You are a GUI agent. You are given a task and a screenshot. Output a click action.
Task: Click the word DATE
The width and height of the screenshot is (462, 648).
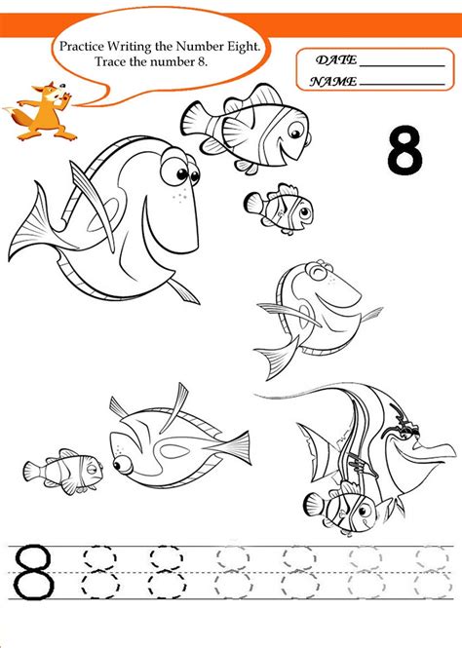pyautogui.click(x=336, y=60)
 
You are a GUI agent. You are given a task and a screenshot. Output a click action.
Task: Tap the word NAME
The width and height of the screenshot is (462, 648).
pyautogui.click(x=333, y=82)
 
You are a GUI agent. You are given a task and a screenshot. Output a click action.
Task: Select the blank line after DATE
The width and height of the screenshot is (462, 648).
pyautogui.click(x=403, y=66)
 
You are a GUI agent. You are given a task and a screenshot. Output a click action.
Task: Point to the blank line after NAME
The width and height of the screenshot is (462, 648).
pyautogui.click(x=403, y=85)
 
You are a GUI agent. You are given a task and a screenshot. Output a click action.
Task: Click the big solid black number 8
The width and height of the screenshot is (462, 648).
pyautogui.click(x=404, y=149)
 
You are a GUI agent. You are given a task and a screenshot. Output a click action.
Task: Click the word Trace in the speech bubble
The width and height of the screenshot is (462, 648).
pyautogui.click(x=108, y=61)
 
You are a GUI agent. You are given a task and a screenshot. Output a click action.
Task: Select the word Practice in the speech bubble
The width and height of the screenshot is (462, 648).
pyautogui.click(x=82, y=46)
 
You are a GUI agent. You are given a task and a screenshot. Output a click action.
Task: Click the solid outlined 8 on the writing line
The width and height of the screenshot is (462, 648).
pyautogui.click(x=32, y=572)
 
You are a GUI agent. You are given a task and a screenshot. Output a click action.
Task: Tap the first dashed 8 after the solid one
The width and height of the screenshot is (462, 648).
pyautogui.click(x=100, y=572)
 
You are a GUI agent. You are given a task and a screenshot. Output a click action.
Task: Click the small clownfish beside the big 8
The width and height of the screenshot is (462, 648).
pyautogui.click(x=279, y=209)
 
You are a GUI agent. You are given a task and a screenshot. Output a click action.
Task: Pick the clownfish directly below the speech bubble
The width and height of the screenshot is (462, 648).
pyautogui.click(x=247, y=128)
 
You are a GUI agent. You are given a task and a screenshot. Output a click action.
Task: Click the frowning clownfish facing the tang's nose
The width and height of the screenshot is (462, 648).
pyautogui.click(x=63, y=471)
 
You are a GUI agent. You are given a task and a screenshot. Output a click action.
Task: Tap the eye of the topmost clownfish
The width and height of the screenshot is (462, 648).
pyautogui.click(x=296, y=133)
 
